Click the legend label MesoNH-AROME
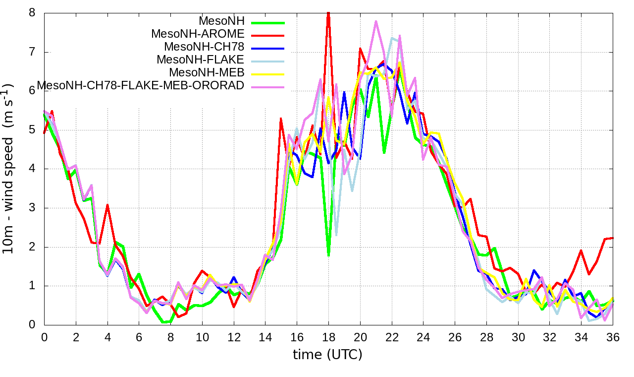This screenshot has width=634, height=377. coord(198,34)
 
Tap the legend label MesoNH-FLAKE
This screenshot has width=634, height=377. coord(201,60)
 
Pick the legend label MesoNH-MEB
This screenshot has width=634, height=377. coord(207,72)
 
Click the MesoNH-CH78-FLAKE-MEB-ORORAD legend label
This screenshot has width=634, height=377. coord(141,85)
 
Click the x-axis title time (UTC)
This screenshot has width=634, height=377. coord(327,355)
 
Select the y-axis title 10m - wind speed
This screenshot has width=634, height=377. coord(10,169)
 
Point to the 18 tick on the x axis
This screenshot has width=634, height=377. coord(328,336)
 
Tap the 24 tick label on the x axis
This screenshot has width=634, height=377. coord(423,336)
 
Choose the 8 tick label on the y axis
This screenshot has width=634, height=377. coord(33,13)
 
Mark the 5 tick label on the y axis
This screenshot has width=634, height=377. coord(33,130)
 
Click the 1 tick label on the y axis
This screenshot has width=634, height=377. coord(33,286)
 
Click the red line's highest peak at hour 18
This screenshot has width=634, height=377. coord(328,13)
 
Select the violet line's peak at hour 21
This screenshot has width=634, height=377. coord(376,21)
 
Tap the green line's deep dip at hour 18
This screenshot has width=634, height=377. coord(328,255)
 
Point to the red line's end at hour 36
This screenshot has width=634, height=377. coord(613,238)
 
